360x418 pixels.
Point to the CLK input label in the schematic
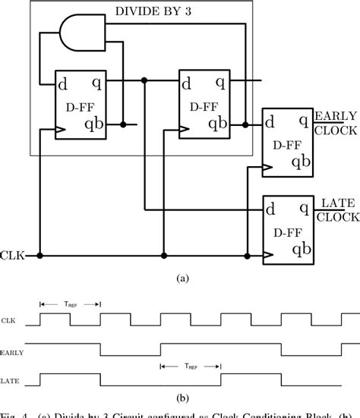(x=14, y=256)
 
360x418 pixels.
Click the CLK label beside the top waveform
(x=10, y=321)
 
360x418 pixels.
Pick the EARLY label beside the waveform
(x=11, y=352)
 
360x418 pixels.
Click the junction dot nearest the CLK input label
(x=41, y=256)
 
